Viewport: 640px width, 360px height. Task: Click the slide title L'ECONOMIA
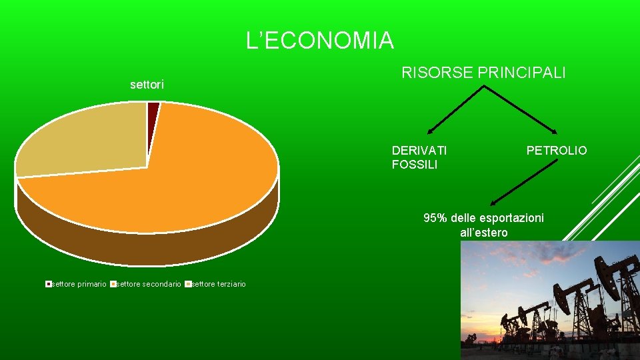pos(320,41)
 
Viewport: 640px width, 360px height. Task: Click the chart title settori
pos(147,85)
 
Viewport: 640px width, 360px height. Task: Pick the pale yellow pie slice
pos(80,140)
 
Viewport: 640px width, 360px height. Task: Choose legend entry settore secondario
pos(147,284)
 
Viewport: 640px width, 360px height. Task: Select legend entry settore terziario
pos(218,284)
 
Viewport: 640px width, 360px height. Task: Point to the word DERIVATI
pos(419,150)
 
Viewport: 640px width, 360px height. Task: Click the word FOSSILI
pos(415,165)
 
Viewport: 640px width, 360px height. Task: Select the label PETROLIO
pos(557,151)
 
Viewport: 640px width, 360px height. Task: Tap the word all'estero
pos(484,233)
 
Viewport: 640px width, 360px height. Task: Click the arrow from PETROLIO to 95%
pos(523,186)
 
